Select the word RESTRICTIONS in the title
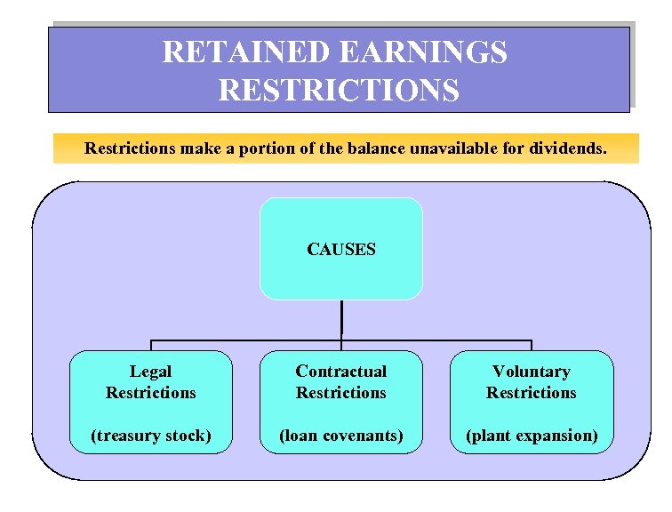point(339,90)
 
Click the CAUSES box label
point(341,250)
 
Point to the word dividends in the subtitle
point(570,148)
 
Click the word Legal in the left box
point(151,372)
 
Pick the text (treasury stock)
point(151,436)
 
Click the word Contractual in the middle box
point(341,372)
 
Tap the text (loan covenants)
point(341,436)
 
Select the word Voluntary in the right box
point(532,372)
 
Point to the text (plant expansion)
point(532,436)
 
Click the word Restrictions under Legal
point(151,393)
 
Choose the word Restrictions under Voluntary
point(532,393)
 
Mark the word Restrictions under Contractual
point(341,393)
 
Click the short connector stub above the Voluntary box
point(532,345)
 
